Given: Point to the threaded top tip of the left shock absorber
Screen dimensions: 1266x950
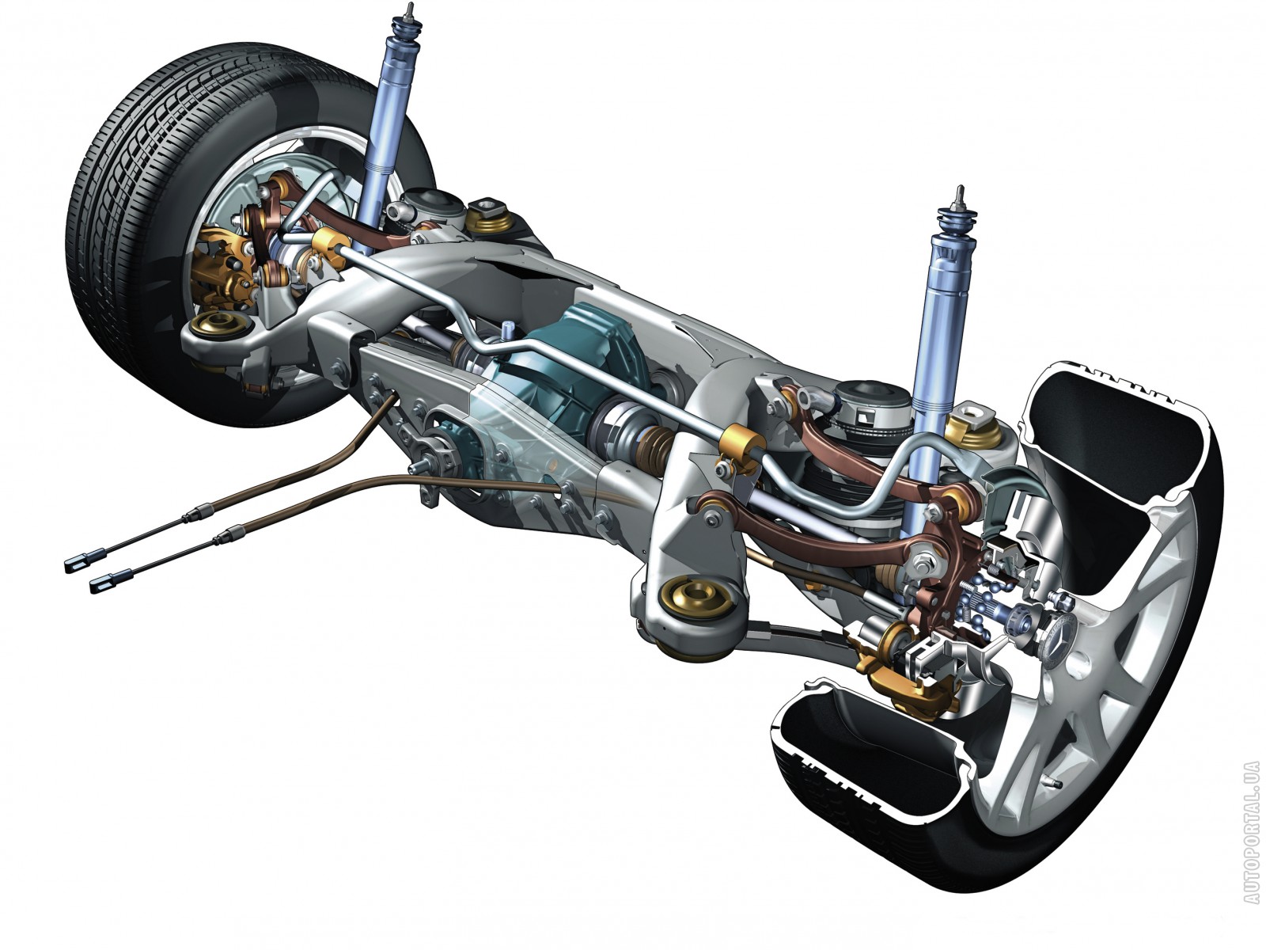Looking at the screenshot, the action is (x=410, y=7).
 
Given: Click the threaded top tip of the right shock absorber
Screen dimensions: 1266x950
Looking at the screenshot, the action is (x=960, y=192).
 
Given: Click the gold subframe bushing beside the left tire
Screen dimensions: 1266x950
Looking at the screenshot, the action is (x=218, y=326).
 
